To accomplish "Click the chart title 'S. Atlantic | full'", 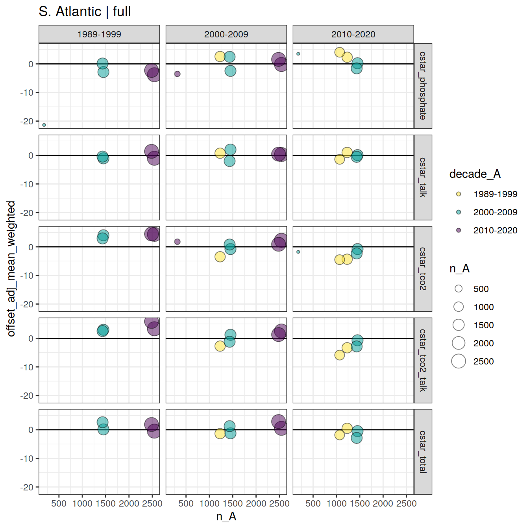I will (85, 11).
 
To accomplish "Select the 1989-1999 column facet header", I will (99, 34).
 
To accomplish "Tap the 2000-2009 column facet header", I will (226, 34).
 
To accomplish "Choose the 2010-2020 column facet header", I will (353, 34).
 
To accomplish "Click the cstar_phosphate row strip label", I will (423, 86).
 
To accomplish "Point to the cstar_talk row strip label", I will (423, 178).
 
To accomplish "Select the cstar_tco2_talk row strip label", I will (423, 360).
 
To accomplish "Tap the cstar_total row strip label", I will (423, 452).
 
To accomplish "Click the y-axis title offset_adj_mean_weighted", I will (11, 269).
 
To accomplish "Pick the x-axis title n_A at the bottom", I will (226, 516).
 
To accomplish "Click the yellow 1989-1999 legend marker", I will (459, 194).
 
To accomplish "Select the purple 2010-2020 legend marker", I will (459, 230).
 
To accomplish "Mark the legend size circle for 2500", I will (459, 361).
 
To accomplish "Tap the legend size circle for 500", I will (459, 289).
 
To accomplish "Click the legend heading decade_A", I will (475, 174).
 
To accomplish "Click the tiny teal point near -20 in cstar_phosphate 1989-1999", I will (44, 125).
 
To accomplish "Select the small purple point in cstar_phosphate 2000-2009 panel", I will (178, 74).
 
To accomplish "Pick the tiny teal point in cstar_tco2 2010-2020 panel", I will (298, 252).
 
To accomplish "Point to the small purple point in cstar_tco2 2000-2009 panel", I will (178, 242).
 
